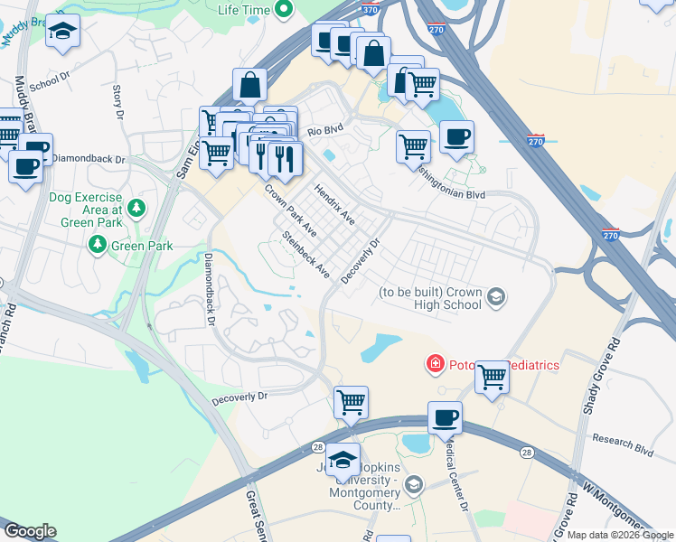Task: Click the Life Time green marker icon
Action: pos(284,10)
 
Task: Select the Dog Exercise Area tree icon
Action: pos(136,210)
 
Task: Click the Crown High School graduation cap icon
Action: pos(495,296)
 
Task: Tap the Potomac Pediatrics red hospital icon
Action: pos(436,364)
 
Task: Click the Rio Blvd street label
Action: pos(326,130)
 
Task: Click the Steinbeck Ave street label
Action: pos(305,255)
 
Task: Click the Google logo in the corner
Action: pos(29,531)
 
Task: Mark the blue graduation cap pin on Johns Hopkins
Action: pos(343,460)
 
